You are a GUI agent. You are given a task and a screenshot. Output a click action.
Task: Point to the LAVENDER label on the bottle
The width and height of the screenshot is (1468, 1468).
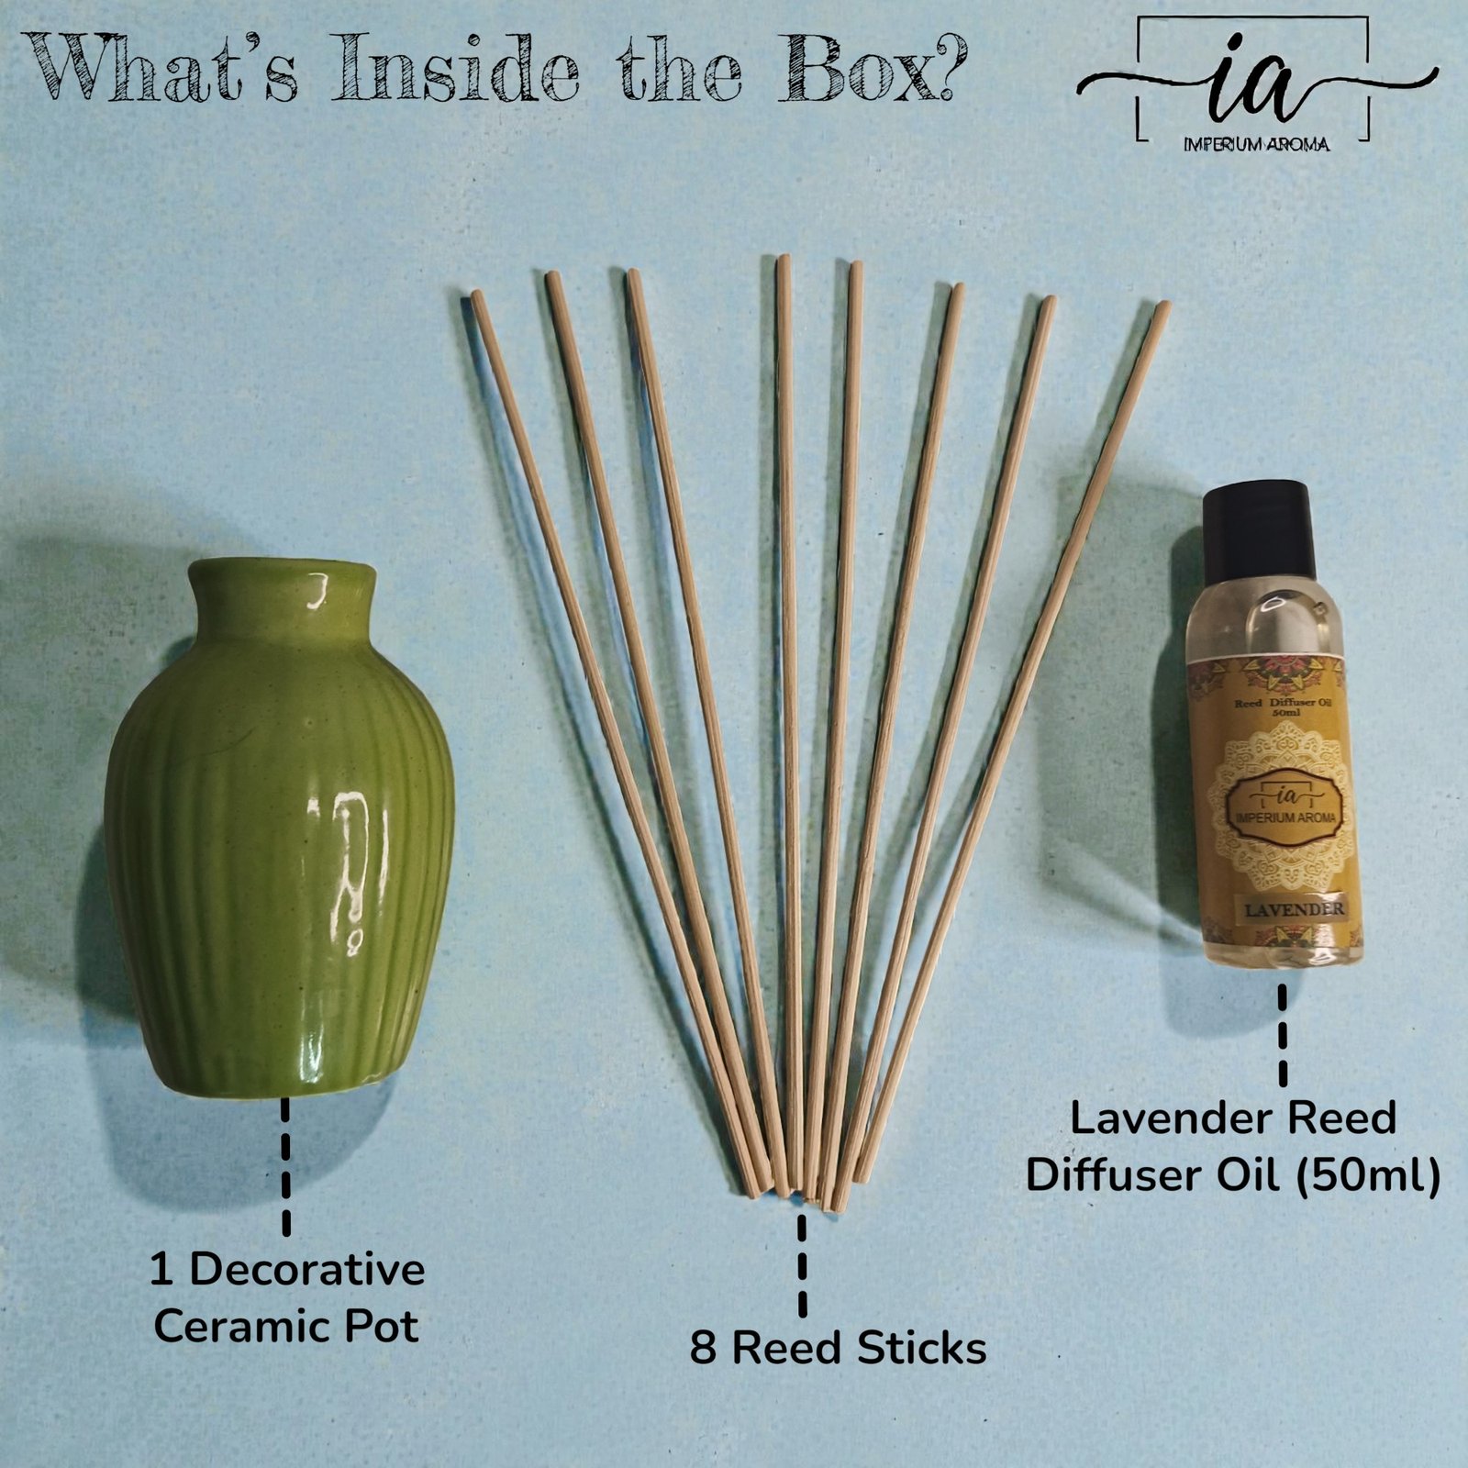click(x=1282, y=909)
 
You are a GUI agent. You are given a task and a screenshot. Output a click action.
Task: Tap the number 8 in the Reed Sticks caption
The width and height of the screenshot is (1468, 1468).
click(x=703, y=1348)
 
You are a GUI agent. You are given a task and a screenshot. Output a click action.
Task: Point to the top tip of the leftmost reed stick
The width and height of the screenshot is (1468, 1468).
click(x=476, y=295)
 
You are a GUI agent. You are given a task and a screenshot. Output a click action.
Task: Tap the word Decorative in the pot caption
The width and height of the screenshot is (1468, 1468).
click(x=306, y=1270)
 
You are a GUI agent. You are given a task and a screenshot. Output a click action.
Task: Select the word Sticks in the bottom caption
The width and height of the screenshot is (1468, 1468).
click(x=923, y=1348)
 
